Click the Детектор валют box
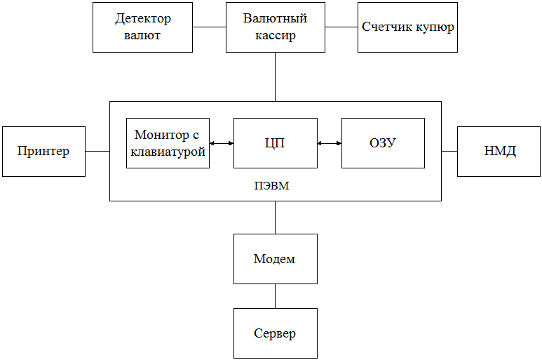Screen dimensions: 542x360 (x=142, y=27)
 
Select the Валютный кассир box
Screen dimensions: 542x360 (x=276, y=27)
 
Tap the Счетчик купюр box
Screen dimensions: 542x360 (x=407, y=27)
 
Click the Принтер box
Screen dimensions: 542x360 (x=44, y=152)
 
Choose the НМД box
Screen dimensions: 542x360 (x=499, y=152)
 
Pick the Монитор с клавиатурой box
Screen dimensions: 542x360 (x=168, y=143)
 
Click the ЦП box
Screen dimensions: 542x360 (x=276, y=143)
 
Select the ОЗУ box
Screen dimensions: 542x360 (x=383, y=143)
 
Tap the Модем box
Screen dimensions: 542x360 (x=276, y=259)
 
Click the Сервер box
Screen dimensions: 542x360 (x=276, y=333)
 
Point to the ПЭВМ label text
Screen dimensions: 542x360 (x=271, y=186)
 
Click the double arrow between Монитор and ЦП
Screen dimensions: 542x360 (x=222, y=143)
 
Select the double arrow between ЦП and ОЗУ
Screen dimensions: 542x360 (x=330, y=143)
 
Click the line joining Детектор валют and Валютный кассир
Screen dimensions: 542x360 (x=209, y=27)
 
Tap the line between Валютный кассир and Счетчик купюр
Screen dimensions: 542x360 (x=341, y=27)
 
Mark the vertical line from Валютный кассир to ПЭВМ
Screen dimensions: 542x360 (x=275, y=76)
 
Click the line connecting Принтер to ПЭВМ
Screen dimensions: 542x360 (x=97, y=151)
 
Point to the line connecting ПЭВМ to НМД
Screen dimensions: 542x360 (x=449, y=151)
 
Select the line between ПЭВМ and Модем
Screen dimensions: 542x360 (x=275, y=218)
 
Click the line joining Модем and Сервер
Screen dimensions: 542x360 (x=275, y=296)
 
